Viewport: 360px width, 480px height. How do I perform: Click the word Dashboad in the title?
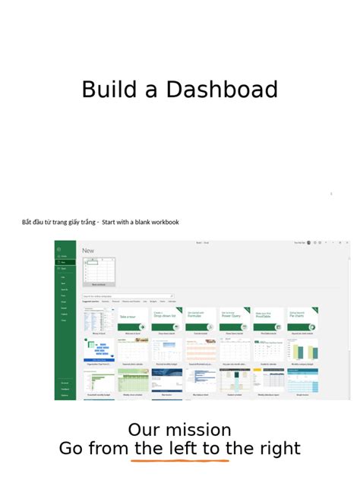coord(222,90)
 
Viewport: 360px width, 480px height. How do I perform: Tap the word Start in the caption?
coord(112,223)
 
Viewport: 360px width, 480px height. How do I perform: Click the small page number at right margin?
coord(331,194)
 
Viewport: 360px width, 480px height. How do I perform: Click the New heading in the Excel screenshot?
coord(88,251)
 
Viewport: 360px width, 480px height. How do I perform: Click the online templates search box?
coord(128,296)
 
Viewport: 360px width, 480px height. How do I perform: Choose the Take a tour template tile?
coord(133,320)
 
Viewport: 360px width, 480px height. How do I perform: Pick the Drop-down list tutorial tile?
coord(166,320)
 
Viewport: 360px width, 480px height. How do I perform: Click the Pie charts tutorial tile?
coord(302,320)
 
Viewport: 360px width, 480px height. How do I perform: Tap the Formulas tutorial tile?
coord(201,320)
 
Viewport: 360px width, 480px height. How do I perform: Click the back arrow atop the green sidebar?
coord(58,249)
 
